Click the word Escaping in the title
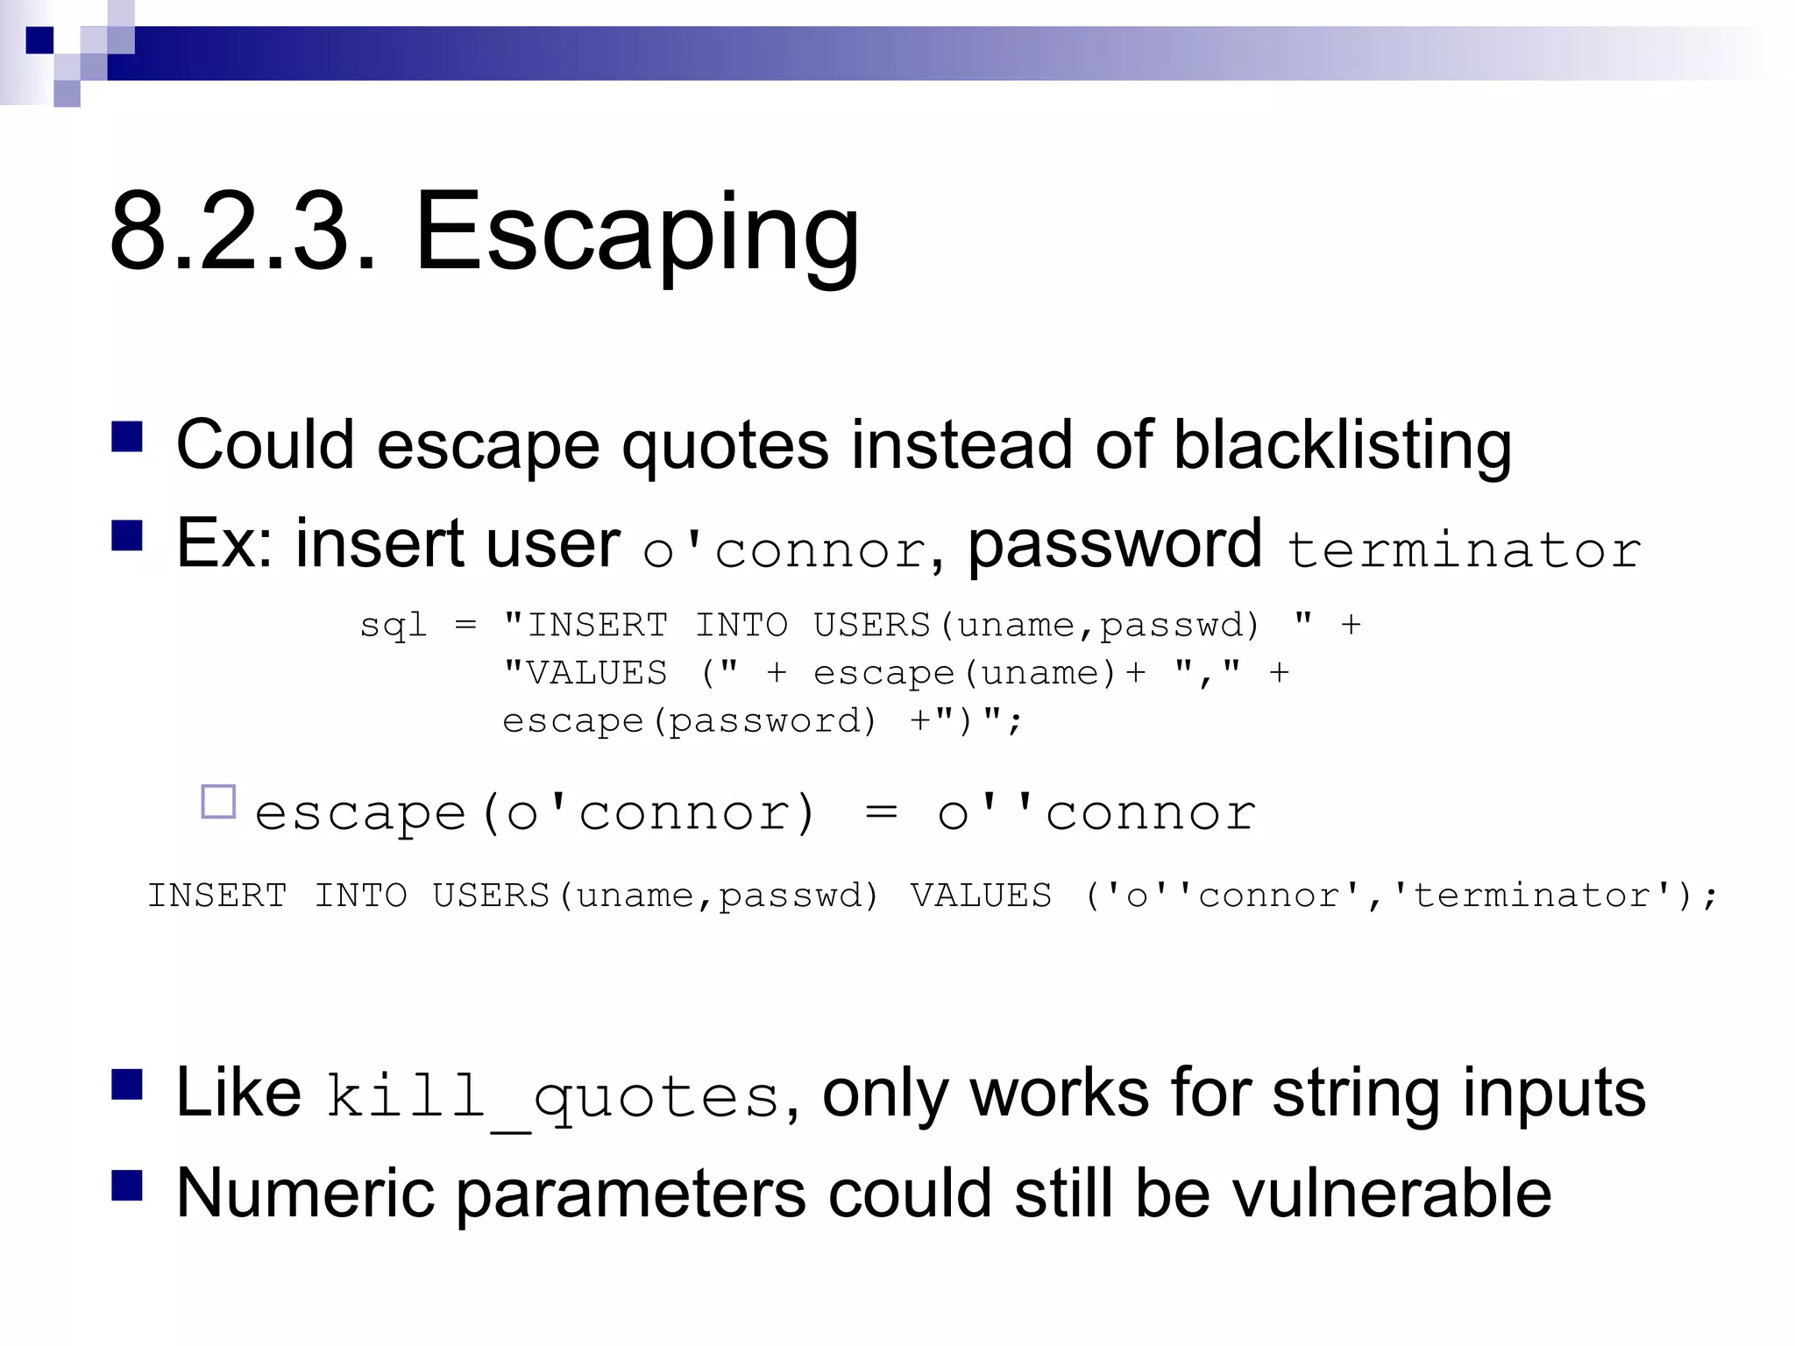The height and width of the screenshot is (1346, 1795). click(637, 233)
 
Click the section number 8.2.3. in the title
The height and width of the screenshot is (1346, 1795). click(244, 233)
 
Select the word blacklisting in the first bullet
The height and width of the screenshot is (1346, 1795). click(1342, 445)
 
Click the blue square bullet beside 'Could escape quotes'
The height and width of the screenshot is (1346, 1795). click(127, 436)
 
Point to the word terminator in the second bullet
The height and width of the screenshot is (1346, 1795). click(1463, 550)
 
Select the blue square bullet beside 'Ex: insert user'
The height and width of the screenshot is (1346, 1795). click(127, 535)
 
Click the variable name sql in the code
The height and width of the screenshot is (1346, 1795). click(393, 626)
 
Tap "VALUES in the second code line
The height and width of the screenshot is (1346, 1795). click(585, 673)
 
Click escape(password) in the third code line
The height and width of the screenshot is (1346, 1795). click(689, 721)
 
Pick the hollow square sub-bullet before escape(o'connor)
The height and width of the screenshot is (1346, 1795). click(218, 802)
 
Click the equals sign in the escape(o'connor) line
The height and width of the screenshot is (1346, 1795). click(880, 812)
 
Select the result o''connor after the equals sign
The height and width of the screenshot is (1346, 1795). click(1096, 812)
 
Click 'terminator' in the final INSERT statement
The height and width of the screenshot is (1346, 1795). click(1532, 896)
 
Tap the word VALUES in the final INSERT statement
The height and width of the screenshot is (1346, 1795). click(981, 896)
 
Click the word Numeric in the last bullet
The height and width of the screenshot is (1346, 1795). click(305, 1194)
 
